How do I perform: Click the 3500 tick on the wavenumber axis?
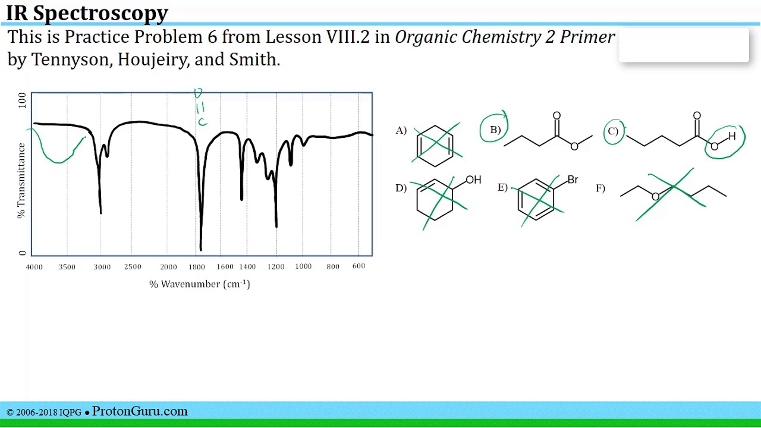[x=67, y=267]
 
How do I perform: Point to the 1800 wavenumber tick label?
[x=197, y=267]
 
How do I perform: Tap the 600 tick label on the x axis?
[x=359, y=266]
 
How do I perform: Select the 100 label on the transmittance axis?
[x=23, y=99]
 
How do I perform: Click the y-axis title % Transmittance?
[x=21, y=180]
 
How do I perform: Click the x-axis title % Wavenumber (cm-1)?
[x=200, y=284]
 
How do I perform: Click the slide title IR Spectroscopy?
[x=87, y=12]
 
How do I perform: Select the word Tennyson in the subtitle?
[x=71, y=59]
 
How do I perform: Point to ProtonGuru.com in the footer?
[x=140, y=411]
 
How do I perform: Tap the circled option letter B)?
[x=495, y=130]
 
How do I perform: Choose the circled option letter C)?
[x=613, y=131]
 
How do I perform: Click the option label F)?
[x=600, y=188]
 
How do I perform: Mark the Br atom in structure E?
[x=573, y=180]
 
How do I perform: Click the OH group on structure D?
[x=473, y=180]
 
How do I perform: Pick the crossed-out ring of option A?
[x=436, y=145]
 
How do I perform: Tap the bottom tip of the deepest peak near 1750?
[x=201, y=249]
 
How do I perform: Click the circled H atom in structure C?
[x=732, y=137]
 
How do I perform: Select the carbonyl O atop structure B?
[x=556, y=116]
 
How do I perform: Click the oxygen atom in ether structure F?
[x=655, y=197]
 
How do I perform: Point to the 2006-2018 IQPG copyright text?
[x=44, y=412]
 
